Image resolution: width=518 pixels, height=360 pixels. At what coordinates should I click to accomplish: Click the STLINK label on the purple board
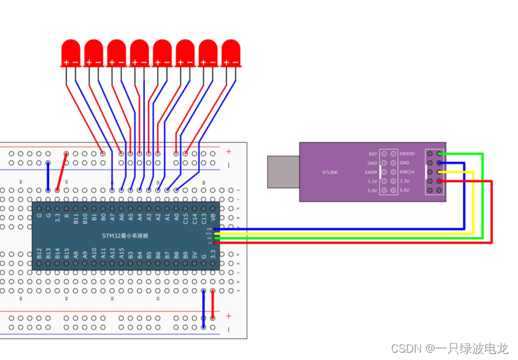(330, 172)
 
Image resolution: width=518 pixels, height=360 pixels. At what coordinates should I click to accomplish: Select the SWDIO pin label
(407, 154)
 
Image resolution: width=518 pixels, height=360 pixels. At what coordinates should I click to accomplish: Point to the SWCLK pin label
(407, 172)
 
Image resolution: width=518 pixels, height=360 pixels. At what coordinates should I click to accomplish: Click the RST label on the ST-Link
(373, 154)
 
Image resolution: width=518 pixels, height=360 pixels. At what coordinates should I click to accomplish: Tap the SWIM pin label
(372, 172)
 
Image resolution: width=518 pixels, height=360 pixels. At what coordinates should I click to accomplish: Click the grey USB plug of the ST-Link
(283, 172)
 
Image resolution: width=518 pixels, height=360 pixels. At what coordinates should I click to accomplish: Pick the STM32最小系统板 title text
(126, 236)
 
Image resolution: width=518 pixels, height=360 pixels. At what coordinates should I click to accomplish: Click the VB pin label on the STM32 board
(213, 216)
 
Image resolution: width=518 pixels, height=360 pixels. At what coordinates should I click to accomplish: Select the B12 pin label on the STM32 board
(39, 253)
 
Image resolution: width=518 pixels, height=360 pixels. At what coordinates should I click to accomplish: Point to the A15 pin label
(122, 253)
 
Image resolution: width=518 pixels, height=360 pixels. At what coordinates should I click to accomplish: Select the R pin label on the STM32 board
(67, 216)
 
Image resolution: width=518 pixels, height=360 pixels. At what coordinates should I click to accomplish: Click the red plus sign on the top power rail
(229, 151)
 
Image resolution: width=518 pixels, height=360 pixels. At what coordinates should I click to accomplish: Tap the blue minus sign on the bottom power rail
(229, 330)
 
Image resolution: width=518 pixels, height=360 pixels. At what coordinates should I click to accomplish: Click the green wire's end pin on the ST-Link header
(439, 154)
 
